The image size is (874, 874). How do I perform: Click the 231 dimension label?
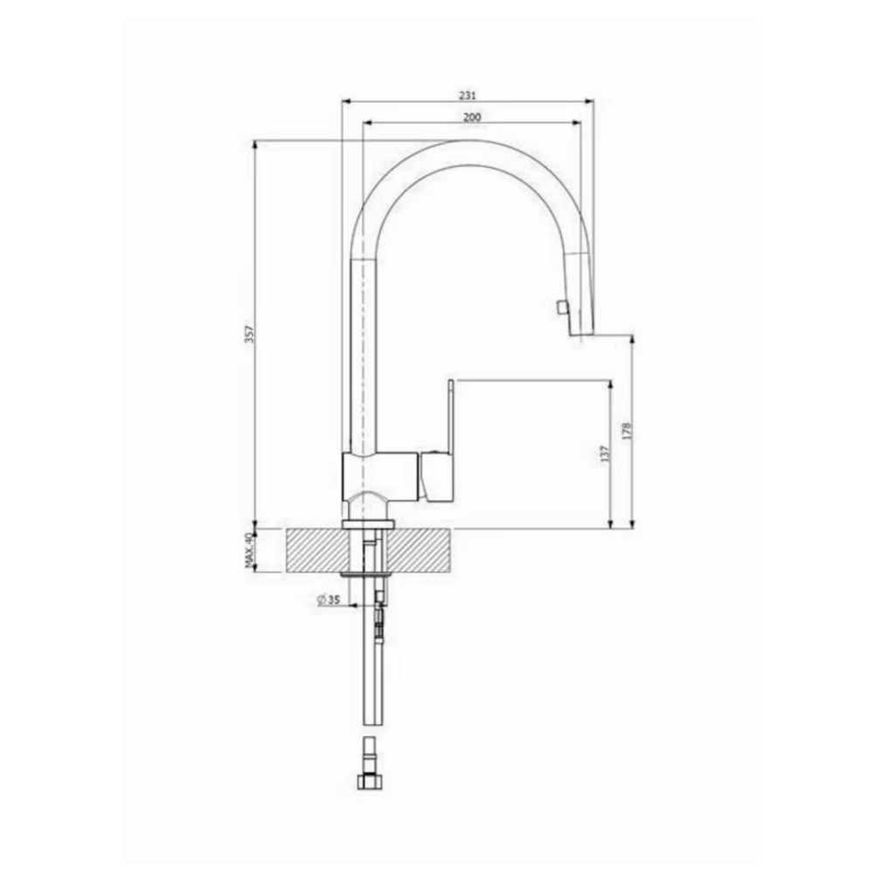click(x=468, y=95)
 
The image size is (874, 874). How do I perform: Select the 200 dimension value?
click(x=472, y=117)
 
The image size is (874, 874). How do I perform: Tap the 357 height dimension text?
click(x=250, y=334)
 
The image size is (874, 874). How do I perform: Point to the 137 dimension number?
click(x=606, y=453)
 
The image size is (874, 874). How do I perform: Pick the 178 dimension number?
click(x=627, y=432)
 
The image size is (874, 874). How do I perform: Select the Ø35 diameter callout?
click(x=329, y=600)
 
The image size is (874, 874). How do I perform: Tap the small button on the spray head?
click(x=559, y=307)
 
